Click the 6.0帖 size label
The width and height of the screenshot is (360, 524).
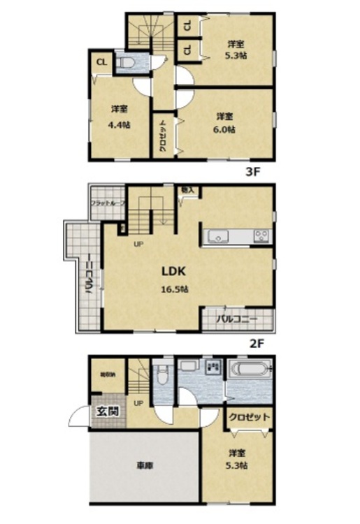pyautogui.click(x=224, y=129)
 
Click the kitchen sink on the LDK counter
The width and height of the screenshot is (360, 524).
pyautogui.click(x=218, y=238)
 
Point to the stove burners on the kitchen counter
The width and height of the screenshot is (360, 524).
pyautogui.click(x=261, y=236)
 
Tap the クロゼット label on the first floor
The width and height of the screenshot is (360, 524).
pyautogui.click(x=248, y=416)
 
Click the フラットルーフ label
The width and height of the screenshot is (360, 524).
pyautogui.click(x=107, y=203)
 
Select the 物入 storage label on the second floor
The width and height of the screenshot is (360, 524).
pyautogui.click(x=187, y=191)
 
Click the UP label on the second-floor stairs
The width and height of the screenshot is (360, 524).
pyautogui.click(x=138, y=244)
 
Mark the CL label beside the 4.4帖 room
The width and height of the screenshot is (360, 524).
pyautogui.click(x=101, y=61)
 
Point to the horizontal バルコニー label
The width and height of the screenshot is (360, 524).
pyautogui.click(x=236, y=319)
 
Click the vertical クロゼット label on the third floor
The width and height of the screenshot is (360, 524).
pyautogui.click(x=162, y=136)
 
